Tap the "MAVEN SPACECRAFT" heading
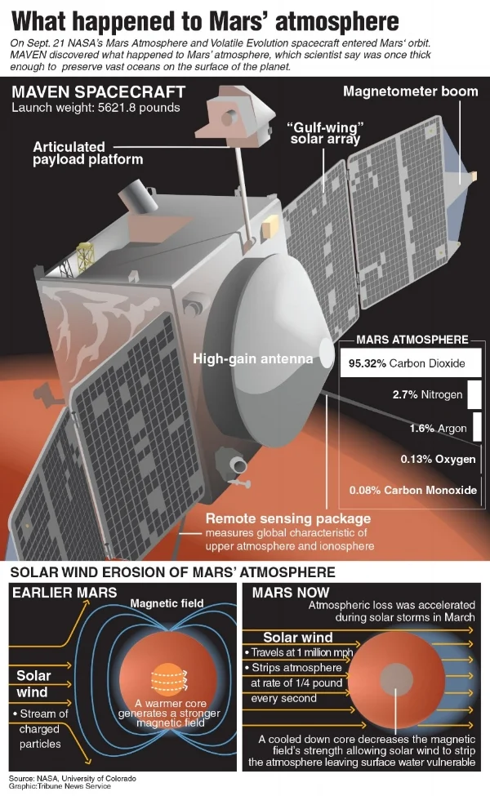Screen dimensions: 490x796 click(98, 91)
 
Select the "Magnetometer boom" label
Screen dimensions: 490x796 click(410, 91)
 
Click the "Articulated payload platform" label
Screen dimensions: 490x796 click(87, 153)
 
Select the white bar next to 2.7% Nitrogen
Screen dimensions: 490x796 click(474, 395)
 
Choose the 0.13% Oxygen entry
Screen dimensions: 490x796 click(438, 460)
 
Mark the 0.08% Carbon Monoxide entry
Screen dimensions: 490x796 click(412, 491)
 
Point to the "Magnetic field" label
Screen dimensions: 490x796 click(167, 603)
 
